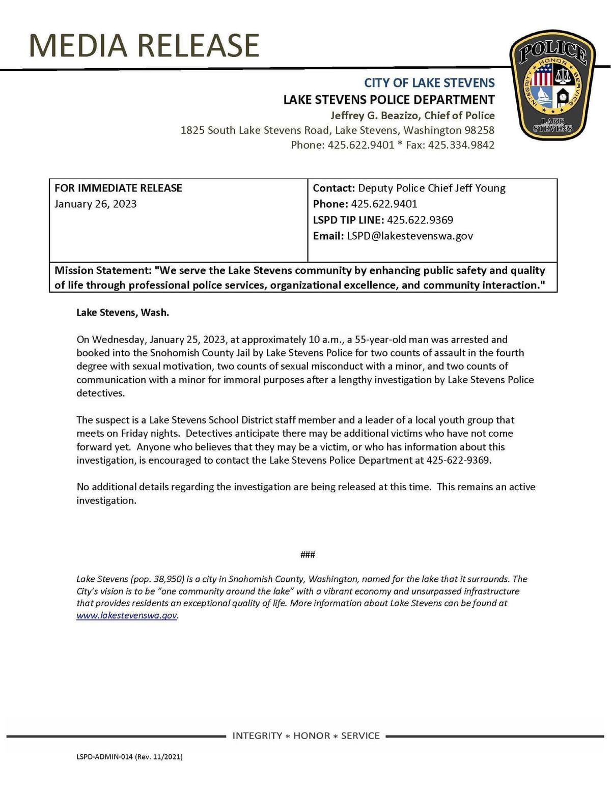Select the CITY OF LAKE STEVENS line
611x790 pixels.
[x=429, y=83]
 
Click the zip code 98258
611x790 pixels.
[x=479, y=130]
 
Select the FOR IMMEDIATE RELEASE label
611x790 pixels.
[x=118, y=188]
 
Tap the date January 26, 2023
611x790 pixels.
[x=95, y=204]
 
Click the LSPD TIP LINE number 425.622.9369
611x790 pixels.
[x=420, y=220]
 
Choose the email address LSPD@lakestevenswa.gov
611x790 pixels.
[x=410, y=236]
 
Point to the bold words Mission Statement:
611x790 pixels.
[x=103, y=270]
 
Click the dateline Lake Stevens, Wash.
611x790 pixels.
[x=123, y=313]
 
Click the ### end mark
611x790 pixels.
[x=308, y=554]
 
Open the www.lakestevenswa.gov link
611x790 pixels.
[x=127, y=615]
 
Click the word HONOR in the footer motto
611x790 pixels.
[x=312, y=736]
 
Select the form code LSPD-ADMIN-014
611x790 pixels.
[x=104, y=757]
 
